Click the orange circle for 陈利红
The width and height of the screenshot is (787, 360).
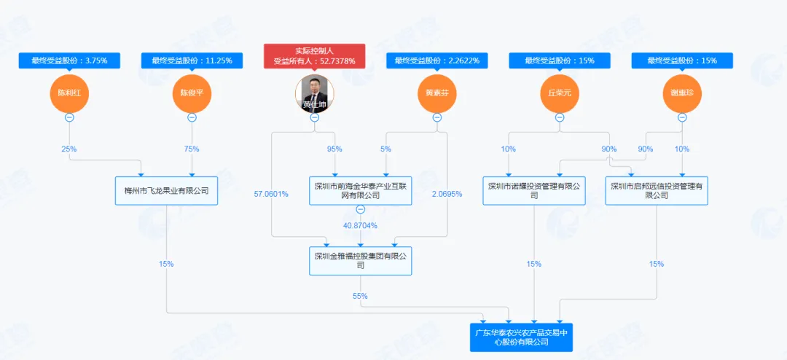(69, 93)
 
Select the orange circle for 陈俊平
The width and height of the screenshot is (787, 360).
(192, 93)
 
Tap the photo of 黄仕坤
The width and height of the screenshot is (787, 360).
(314, 93)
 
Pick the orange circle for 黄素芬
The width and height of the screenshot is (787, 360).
(436, 93)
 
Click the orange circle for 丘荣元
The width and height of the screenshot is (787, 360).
(559, 93)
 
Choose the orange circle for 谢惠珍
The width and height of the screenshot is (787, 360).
(682, 93)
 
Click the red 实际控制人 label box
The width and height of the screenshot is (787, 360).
(314, 56)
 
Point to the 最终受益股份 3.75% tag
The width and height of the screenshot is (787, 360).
(69, 60)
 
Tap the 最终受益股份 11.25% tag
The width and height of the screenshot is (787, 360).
(192, 60)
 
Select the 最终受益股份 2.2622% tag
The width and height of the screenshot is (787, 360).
(436, 60)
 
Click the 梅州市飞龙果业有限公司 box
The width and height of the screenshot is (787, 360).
(166, 191)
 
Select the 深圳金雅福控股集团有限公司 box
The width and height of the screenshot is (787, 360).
(360, 260)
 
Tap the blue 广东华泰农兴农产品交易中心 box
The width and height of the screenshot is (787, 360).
(521, 337)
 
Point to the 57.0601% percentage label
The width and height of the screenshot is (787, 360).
(271, 194)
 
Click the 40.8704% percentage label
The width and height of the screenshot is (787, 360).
(360, 226)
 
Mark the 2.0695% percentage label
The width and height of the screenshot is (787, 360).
(447, 194)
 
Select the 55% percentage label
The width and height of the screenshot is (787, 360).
(360, 296)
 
